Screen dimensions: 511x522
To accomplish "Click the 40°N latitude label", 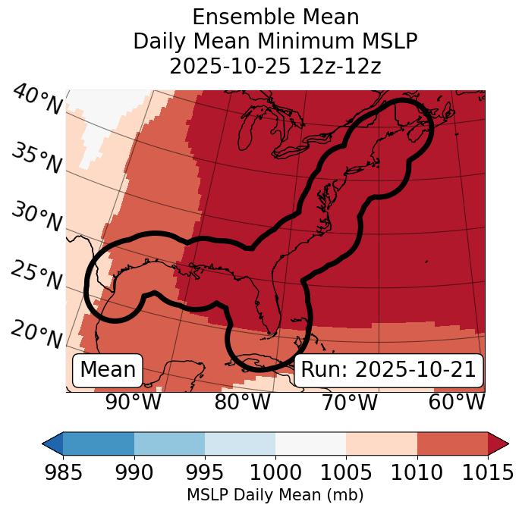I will click(x=37, y=100).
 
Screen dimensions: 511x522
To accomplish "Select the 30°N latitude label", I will click(x=36, y=218).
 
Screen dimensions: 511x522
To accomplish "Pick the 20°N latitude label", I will click(x=36, y=334).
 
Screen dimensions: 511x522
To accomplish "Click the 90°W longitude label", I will click(x=134, y=403).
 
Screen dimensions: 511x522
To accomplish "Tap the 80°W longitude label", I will click(x=242, y=403).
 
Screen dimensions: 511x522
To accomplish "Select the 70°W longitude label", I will click(x=350, y=403).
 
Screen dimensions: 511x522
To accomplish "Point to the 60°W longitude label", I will click(x=457, y=403).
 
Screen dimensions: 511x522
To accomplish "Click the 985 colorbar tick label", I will click(x=63, y=473).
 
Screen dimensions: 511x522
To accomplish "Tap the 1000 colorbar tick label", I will click(x=275, y=473).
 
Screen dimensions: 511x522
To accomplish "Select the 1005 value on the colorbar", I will click(x=346, y=473).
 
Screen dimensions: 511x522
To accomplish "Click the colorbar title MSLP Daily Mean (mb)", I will click(x=275, y=496).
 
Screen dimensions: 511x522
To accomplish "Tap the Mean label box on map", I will click(x=108, y=370).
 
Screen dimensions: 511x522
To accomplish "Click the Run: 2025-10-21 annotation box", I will click(x=388, y=370).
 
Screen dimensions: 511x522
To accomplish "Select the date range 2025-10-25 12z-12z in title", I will click(x=275, y=66).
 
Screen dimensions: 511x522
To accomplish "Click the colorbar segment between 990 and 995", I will click(x=169, y=443).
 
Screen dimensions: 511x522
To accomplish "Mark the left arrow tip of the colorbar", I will click(x=44, y=443).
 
